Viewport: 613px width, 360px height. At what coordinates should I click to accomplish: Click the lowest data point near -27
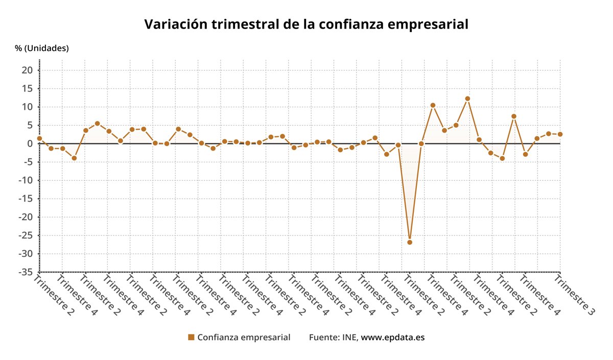410,242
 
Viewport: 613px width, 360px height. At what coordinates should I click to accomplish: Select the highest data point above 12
467,99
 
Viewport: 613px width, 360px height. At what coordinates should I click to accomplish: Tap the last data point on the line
560,134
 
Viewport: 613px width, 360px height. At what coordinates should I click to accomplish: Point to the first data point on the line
39,138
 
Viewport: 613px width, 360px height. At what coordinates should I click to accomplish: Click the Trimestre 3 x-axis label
575,295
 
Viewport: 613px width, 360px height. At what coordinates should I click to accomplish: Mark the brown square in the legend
191,337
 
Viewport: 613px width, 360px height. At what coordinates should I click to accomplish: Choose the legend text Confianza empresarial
244,337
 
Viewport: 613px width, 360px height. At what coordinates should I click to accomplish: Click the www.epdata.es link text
393,337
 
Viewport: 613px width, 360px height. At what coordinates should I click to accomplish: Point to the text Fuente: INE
334,337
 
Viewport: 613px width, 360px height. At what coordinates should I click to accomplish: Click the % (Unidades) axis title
42,48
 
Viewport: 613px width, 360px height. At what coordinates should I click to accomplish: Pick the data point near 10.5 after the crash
433,105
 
